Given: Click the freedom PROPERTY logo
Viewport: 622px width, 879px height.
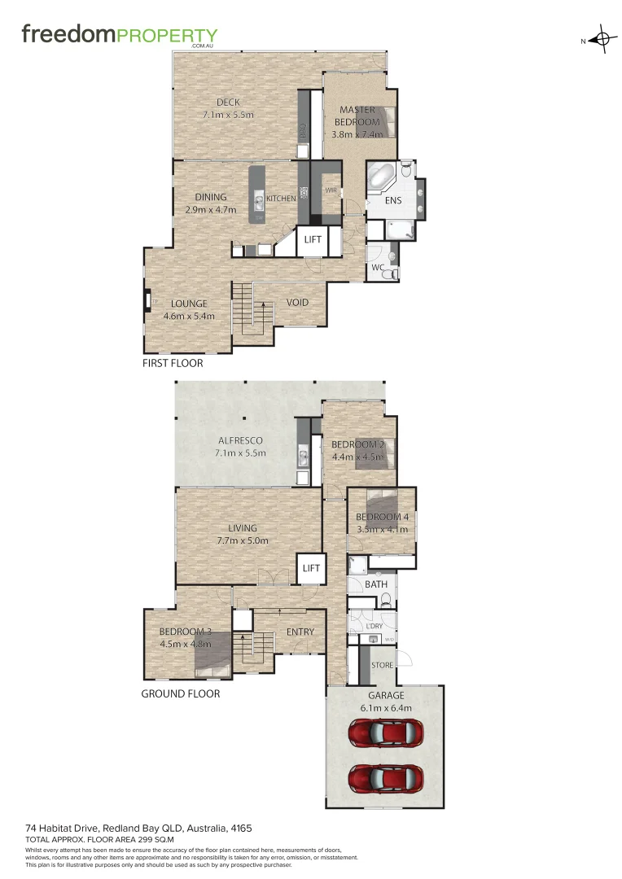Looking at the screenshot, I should click(x=119, y=36).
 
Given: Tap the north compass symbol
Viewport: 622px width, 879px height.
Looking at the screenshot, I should click(x=602, y=40).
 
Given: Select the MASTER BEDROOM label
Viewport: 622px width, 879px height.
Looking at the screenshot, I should click(x=357, y=116).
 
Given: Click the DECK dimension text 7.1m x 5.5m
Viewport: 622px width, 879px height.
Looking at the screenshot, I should click(x=228, y=115).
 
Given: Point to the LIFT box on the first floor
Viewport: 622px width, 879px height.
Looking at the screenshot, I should click(x=313, y=239).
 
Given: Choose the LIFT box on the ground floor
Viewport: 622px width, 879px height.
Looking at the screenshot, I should click(x=310, y=567).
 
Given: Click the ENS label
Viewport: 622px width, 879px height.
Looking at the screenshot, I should click(x=393, y=199).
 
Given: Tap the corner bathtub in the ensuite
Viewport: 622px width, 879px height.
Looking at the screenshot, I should click(x=381, y=177).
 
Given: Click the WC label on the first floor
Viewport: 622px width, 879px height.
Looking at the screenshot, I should click(x=378, y=267).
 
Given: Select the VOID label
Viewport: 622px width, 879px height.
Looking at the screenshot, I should click(x=297, y=303).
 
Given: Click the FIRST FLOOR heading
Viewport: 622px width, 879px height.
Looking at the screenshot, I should click(x=173, y=363).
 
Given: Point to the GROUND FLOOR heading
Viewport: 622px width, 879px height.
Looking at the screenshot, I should click(x=181, y=693).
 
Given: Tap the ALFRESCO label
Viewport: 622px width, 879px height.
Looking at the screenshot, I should click(x=239, y=440).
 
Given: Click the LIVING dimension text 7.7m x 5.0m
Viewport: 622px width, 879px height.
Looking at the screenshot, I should click(x=243, y=540).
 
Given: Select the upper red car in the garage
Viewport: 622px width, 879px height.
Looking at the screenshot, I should click(x=385, y=734).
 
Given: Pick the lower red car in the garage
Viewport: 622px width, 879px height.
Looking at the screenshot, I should click(x=385, y=779).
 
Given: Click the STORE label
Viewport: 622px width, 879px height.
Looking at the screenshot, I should click(x=383, y=665).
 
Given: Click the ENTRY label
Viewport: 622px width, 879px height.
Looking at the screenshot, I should click(x=300, y=632).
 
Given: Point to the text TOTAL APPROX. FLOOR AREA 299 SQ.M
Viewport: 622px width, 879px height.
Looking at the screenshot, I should click(x=101, y=838).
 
